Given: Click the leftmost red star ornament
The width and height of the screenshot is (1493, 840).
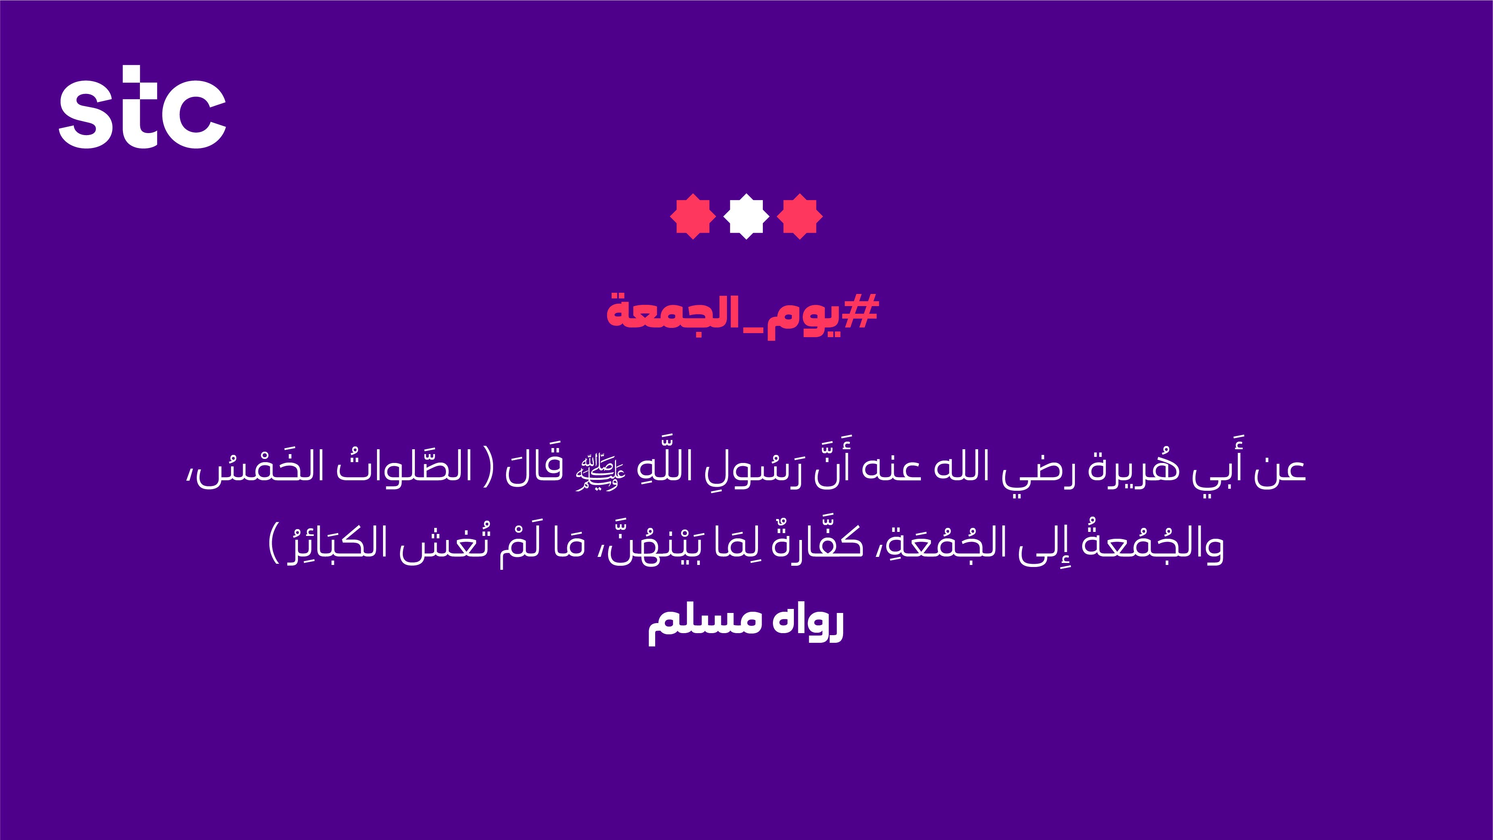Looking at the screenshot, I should [693, 216].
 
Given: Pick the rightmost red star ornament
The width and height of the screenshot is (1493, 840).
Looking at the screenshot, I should [800, 216].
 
